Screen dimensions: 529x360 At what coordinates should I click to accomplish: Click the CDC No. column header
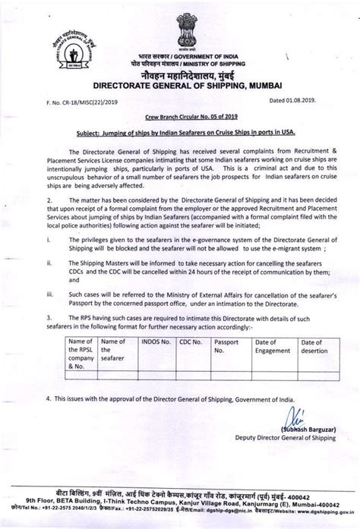click(191, 345)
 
